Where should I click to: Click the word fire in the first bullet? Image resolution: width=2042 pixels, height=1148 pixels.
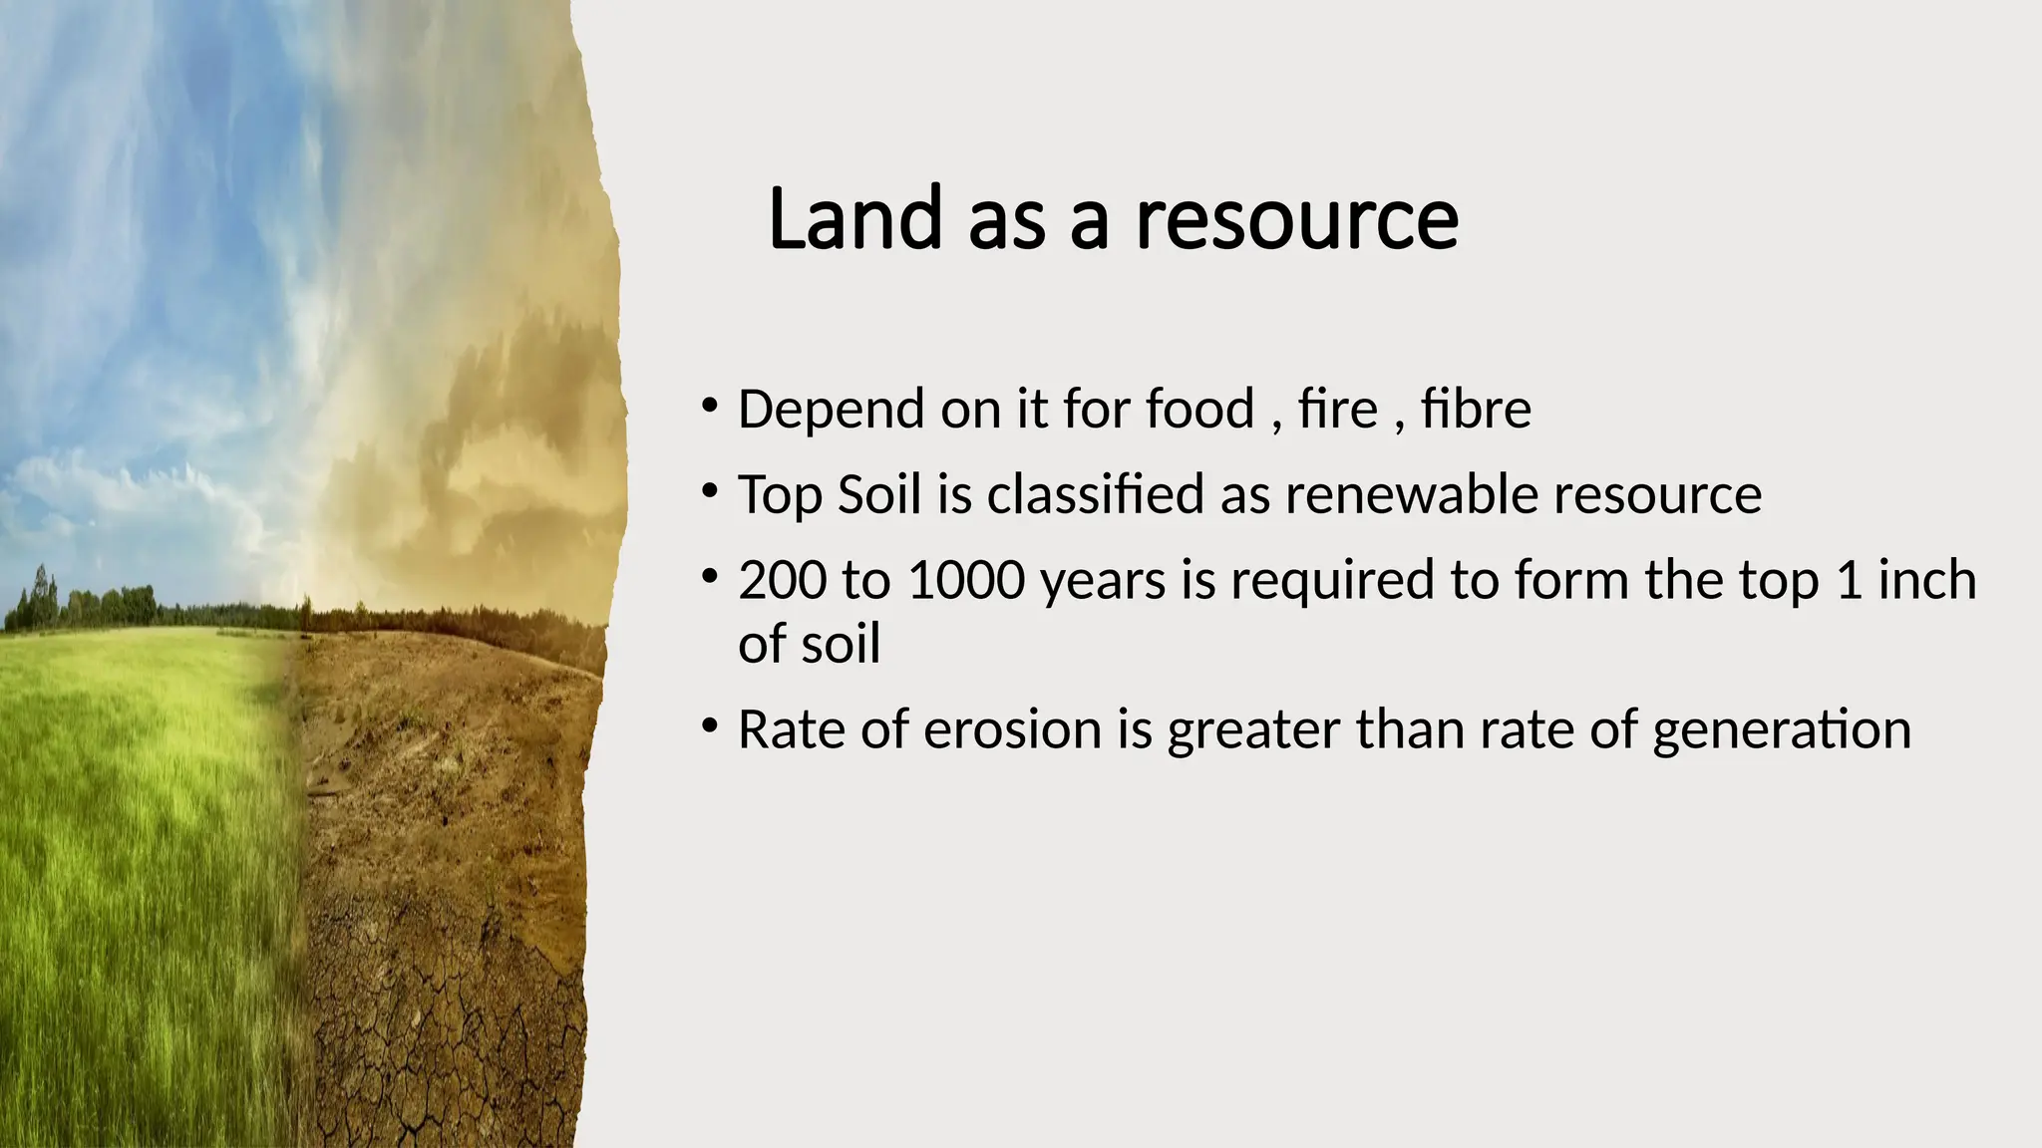click(x=1338, y=409)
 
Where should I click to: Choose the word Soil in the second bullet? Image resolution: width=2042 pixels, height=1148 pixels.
click(x=879, y=494)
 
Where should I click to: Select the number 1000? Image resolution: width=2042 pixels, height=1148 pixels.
click(x=966, y=580)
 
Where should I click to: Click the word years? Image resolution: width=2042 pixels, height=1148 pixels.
click(x=1103, y=582)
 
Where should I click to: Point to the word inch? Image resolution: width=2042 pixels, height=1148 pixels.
click(x=1926, y=580)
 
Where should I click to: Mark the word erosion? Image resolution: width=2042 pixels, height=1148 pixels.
click(x=1012, y=729)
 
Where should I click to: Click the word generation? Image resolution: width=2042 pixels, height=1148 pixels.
click(x=1781, y=731)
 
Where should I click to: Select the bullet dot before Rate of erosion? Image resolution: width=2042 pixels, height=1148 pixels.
click(x=709, y=726)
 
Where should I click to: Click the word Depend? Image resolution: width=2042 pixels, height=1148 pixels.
click(x=832, y=411)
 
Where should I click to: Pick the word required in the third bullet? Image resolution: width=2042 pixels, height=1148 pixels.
click(x=1332, y=582)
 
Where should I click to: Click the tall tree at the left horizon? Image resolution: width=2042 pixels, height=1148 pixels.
click(x=40, y=596)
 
